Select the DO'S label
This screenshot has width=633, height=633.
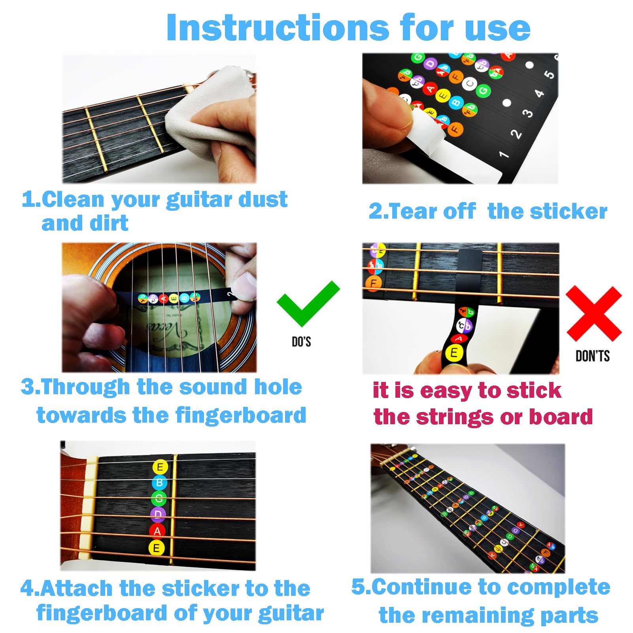click(x=301, y=342)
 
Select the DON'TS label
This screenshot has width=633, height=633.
click(x=592, y=356)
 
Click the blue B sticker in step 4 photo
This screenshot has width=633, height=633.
click(x=159, y=483)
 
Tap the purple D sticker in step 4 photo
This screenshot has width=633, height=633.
click(x=158, y=514)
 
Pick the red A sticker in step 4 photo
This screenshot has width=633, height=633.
click(x=157, y=531)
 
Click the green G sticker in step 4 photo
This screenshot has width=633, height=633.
click(x=159, y=498)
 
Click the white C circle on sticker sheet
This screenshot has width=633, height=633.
click(x=470, y=84)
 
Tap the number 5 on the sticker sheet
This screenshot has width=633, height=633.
click(x=549, y=74)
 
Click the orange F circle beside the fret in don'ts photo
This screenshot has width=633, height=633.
click(x=373, y=283)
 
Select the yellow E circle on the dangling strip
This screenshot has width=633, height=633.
click(x=454, y=353)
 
